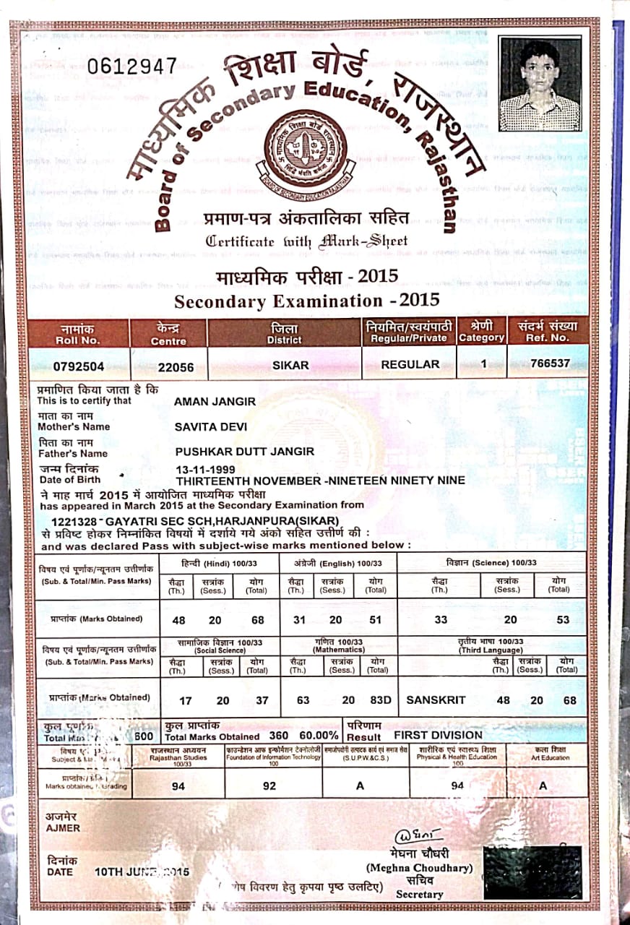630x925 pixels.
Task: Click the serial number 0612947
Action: [x=131, y=66]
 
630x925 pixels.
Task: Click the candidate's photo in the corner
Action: [x=540, y=84]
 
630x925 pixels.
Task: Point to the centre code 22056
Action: [x=176, y=367]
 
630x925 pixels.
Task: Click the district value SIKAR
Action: [x=290, y=365]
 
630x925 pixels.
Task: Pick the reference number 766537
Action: [x=550, y=363]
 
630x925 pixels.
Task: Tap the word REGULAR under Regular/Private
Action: [x=410, y=364]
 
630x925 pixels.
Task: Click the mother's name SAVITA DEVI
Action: [x=208, y=426]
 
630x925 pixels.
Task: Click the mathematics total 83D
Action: [x=381, y=700]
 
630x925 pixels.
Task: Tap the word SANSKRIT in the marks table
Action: [x=436, y=700]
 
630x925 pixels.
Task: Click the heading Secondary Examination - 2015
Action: [x=307, y=300]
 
